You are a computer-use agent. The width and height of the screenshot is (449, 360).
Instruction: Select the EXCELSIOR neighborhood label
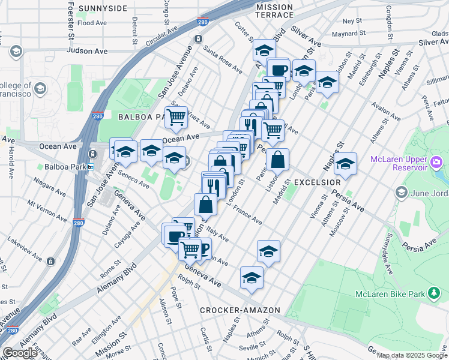317,181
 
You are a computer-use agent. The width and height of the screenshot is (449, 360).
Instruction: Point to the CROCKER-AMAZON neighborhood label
240,310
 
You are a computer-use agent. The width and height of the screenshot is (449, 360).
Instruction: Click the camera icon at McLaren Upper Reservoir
436,161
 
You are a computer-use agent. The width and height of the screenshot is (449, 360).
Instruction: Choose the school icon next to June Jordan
401,193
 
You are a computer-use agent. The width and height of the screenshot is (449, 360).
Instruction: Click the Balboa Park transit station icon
90,166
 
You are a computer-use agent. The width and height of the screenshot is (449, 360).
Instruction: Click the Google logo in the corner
20,353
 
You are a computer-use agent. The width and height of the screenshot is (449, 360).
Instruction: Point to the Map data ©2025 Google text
412,355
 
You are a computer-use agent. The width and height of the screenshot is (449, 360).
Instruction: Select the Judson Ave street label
87,51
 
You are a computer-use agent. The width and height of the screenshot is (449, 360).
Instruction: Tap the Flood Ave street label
92,23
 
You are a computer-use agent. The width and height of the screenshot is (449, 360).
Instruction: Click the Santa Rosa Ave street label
222,55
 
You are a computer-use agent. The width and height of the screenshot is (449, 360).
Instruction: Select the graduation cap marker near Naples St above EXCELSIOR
345,163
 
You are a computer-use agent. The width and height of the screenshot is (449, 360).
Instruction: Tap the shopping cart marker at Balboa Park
176,118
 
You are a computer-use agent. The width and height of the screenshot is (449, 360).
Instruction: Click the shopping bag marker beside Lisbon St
277,160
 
